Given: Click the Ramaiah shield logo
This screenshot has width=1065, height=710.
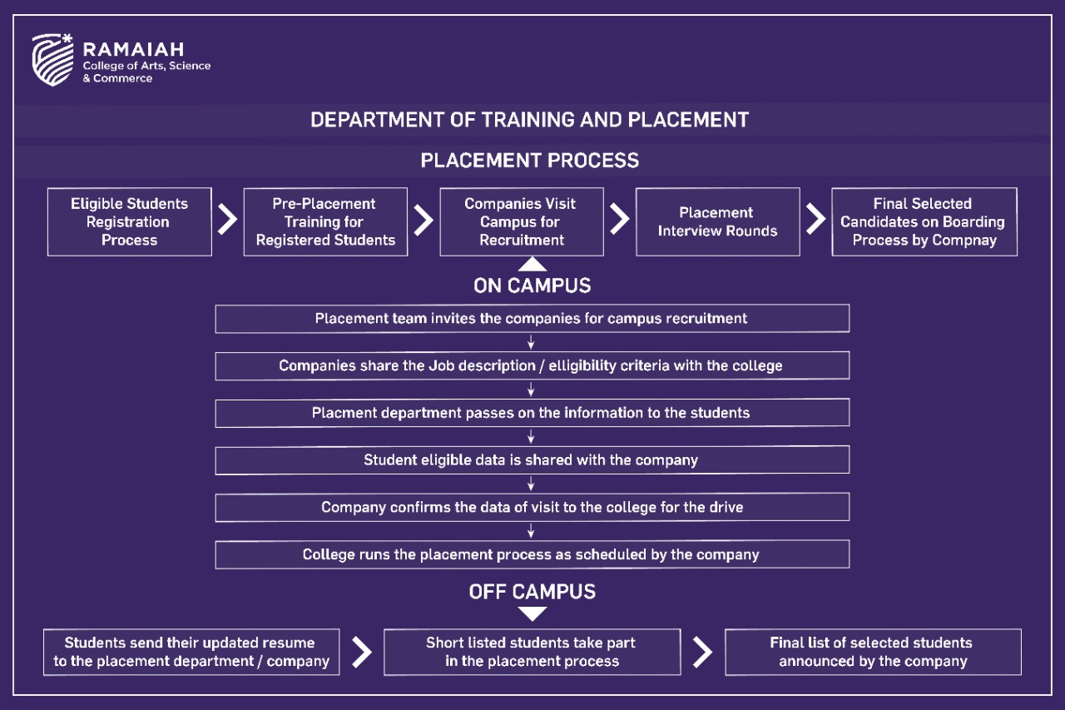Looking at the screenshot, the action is [x=52, y=59].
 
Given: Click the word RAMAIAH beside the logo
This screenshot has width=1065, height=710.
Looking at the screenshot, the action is [x=134, y=49].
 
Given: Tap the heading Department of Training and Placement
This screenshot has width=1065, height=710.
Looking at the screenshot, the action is [x=530, y=120].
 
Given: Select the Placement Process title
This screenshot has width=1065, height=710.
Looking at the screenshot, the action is [x=530, y=161].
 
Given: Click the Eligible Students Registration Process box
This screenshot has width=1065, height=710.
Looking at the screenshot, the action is [x=129, y=221].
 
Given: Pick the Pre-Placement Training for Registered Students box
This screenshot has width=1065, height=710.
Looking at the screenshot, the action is [x=325, y=221].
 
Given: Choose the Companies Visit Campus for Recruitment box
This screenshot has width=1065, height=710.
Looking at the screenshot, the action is [x=522, y=221].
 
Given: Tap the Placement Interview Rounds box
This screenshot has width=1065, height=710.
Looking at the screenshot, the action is [x=718, y=221].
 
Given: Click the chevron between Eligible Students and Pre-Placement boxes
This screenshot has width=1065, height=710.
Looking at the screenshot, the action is [x=227, y=219].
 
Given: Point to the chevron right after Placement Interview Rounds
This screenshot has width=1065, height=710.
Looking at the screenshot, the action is [x=816, y=219].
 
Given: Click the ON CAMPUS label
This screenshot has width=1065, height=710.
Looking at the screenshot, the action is [x=532, y=285].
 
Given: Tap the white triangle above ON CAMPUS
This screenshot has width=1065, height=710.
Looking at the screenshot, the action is [x=532, y=265].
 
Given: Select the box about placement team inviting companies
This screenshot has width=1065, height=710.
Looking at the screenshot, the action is [x=532, y=318].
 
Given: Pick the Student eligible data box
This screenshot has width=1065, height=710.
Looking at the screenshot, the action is [x=532, y=459].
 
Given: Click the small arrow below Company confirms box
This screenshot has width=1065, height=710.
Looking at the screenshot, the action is [x=531, y=531].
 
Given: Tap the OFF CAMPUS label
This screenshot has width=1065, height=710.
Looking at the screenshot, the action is [x=532, y=592].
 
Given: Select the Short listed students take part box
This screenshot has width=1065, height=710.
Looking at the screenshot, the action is [x=532, y=652].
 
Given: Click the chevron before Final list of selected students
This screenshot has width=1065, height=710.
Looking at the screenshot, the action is [x=703, y=652].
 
